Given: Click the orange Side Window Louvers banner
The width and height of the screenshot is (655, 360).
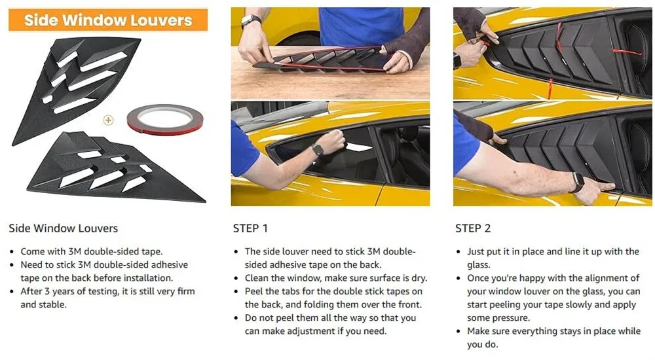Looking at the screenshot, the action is coord(108,20).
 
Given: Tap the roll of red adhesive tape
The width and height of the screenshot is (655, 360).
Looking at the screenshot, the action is coord(165,119).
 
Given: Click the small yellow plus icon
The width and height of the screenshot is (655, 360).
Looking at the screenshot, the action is coord(108,120).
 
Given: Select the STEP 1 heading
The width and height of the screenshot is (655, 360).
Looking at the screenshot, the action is coord(250,228).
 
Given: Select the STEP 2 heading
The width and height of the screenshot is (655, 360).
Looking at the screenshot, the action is coord(473,228).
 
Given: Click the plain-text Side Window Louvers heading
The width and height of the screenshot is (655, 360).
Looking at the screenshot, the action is coord(64,228).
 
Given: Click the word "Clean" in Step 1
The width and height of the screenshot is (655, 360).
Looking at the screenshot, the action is coord(257,278).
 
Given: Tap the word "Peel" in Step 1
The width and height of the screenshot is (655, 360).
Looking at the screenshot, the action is coord(253,291).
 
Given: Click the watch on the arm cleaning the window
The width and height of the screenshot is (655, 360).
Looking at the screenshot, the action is coord(318,149).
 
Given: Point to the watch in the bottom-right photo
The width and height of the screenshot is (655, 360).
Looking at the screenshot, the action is coord(578,182).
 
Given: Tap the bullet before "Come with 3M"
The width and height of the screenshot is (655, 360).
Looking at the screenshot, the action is coord(12,252).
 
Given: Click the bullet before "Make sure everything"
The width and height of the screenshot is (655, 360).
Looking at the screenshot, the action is coord(458,332).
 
